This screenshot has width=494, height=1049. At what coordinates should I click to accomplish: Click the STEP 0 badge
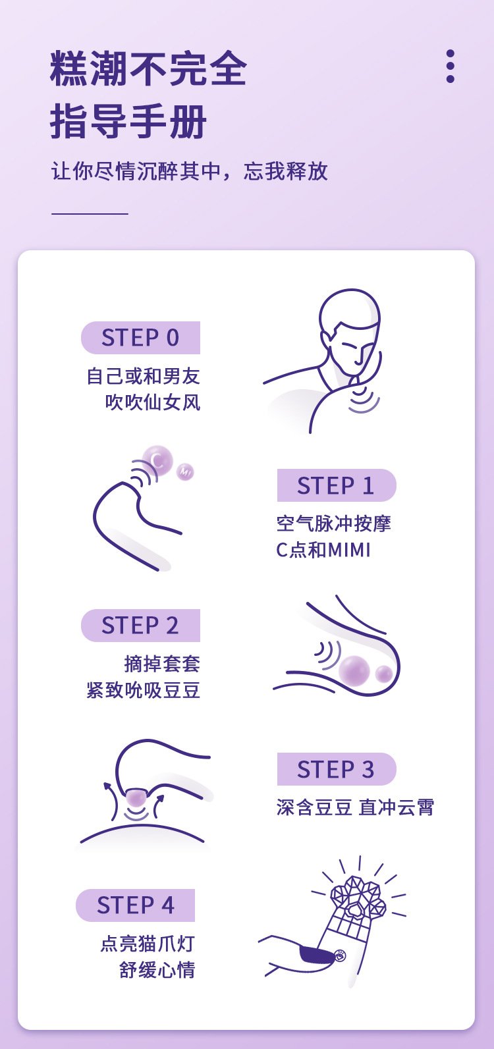(140, 338)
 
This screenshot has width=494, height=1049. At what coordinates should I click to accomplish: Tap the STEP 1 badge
(336, 486)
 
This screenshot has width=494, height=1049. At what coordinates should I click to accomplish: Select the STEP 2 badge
(140, 626)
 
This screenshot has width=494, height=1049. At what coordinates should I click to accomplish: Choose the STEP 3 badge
(336, 769)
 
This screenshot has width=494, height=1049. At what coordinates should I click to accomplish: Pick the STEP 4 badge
(136, 905)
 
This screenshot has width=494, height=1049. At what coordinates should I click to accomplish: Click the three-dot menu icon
(451, 66)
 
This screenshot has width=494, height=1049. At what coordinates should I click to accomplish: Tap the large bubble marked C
(158, 460)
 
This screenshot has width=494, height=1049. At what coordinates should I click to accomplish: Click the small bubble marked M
(186, 471)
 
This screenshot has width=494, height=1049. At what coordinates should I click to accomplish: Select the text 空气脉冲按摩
(334, 524)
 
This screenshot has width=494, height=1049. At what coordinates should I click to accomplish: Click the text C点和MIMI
(323, 550)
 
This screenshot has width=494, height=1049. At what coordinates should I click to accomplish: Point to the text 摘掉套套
(162, 663)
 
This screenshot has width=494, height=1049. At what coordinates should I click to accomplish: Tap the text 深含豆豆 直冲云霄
(356, 807)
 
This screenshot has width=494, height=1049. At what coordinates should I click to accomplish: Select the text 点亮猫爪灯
(148, 944)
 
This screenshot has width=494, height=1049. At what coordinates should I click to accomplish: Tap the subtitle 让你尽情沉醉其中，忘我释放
(190, 171)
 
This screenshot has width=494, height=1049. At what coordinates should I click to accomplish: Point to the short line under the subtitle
(90, 213)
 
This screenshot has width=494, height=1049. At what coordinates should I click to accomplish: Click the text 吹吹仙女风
(153, 402)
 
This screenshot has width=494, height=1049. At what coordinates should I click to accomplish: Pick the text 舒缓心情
(157, 970)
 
